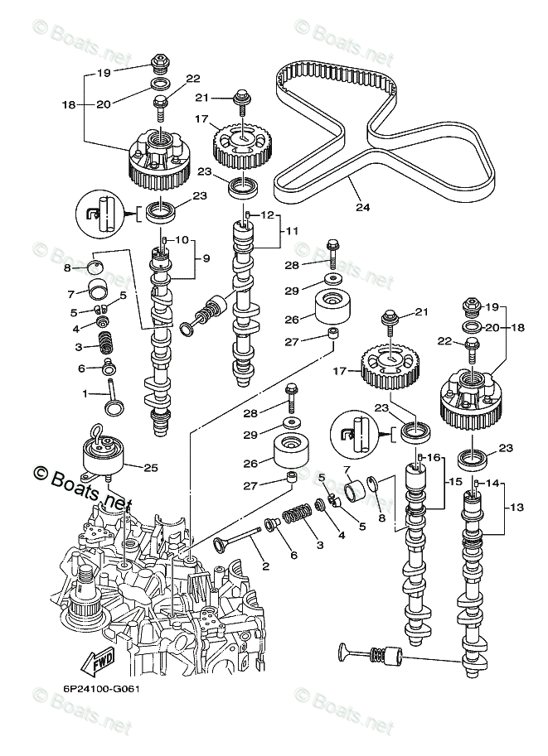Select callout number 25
150,468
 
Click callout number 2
264,566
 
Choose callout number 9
206,258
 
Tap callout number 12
267,214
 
